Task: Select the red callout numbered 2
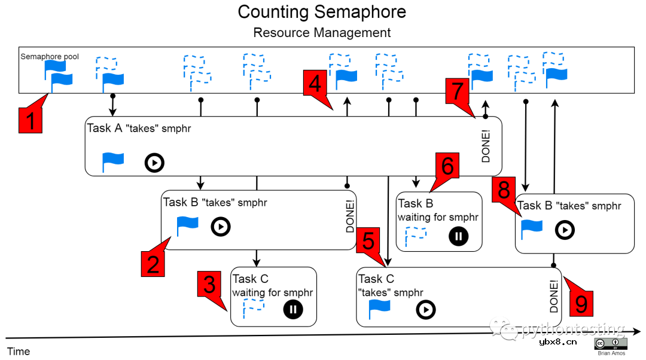pos(154,263)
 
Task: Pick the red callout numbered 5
pos(368,242)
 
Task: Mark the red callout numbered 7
pos(458,91)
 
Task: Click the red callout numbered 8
pos(504,191)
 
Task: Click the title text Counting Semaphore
pos(322,12)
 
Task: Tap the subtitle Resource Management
pos(322,32)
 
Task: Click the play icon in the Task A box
pos(154,163)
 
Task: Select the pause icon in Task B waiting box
pos(458,236)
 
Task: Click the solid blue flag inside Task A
pos(113,162)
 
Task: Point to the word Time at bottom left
pos(18,351)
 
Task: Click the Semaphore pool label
pos(50,57)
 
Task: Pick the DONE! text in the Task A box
pos(485,147)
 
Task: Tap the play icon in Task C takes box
pos(426,309)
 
